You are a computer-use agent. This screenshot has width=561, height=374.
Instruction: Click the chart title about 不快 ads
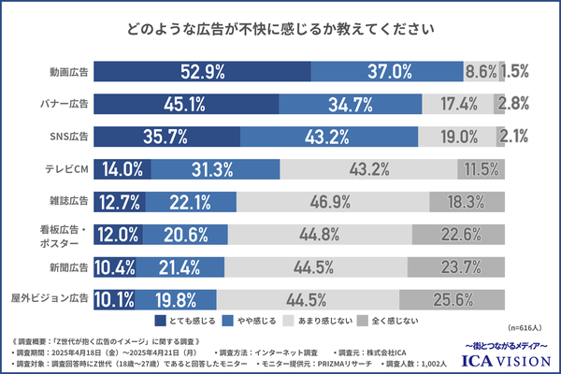[280, 29]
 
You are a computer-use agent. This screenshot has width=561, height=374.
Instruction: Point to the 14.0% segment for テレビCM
[122, 169]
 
